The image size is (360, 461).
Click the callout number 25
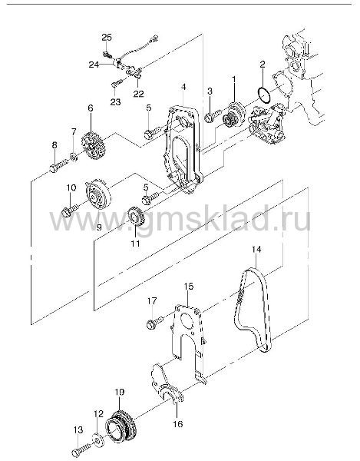[107, 38]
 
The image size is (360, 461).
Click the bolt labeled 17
[155, 323]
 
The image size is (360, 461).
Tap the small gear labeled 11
[136, 217]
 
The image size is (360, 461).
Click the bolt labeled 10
[70, 210]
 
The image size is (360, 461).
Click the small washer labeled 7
[74, 157]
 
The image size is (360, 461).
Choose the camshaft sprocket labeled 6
[93, 146]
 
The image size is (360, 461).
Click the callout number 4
[183, 87]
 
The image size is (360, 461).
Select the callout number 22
[139, 94]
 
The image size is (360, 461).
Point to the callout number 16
[178, 423]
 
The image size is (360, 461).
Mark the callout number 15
[189, 286]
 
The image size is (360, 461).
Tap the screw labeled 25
[106, 54]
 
